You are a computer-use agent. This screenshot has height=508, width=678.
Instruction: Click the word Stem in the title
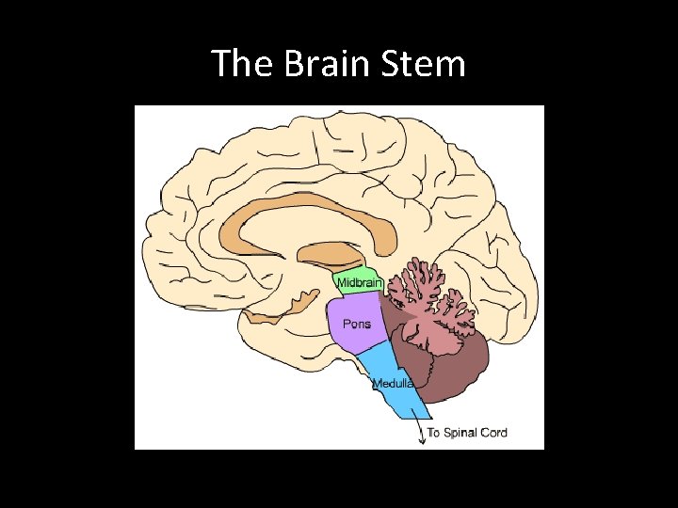click(x=423, y=64)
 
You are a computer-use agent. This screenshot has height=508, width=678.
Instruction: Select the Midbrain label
click(x=359, y=282)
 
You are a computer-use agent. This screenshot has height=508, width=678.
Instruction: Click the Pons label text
click(x=357, y=324)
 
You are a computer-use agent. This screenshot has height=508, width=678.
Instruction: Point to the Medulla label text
click(x=393, y=384)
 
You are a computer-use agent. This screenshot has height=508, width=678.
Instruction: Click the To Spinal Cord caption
click(x=467, y=433)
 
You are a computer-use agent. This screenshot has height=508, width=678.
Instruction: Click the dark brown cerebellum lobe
click(x=452, y=362)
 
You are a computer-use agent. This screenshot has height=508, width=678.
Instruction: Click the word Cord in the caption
click(x=492, y=433)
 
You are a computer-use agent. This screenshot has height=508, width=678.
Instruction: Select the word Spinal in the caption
click(x=459, y=433)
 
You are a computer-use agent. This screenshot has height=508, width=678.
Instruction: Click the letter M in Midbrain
click(x=341, y=282)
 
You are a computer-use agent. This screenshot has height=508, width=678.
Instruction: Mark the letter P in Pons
click(x=346, y=324)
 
